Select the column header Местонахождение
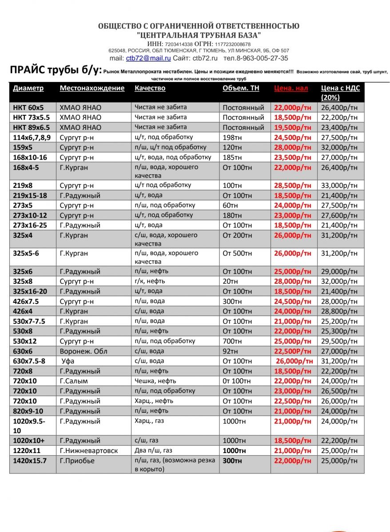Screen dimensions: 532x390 92,88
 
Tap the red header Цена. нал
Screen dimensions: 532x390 291,88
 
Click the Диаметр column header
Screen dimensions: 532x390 28,88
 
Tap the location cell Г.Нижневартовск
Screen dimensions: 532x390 89,450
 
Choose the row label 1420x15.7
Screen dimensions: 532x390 30,461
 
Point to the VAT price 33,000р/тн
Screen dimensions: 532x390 338,185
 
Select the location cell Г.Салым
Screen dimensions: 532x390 74,381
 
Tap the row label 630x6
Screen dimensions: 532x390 23,351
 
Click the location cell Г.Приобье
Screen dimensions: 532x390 77,461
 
